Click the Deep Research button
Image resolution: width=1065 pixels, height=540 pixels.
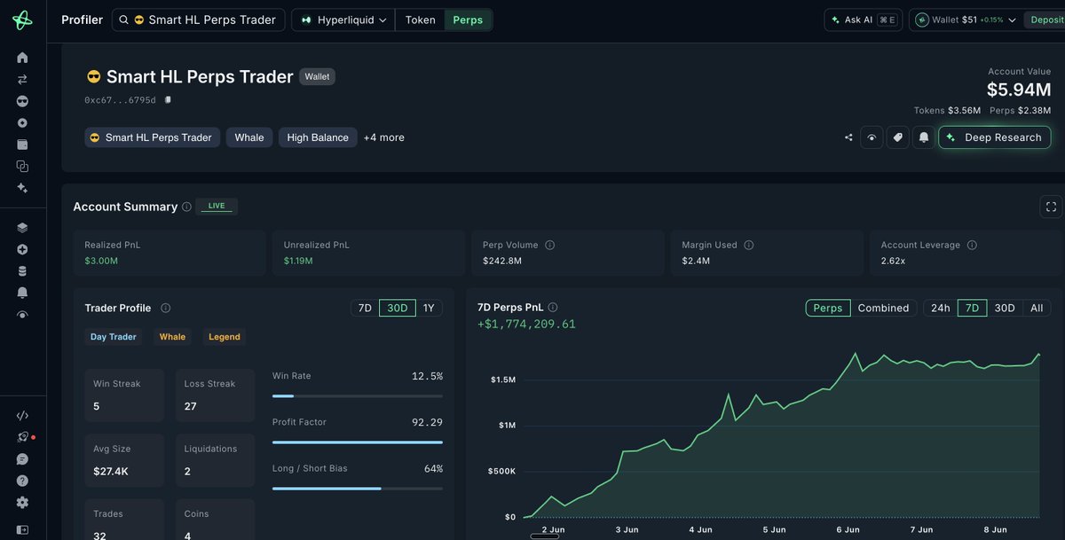[995, 137]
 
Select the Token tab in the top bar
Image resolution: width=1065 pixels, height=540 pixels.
[420, 20]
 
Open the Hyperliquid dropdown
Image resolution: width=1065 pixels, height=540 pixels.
[343, 20]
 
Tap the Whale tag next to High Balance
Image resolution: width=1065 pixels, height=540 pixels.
[249, 137]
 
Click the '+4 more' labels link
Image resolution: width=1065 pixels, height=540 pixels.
[383, 137]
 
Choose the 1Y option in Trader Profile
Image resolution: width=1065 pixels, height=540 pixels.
[429, 308]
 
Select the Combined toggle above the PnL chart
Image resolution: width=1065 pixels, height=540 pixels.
[883, 308]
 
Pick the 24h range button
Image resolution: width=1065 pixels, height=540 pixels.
[940, 308]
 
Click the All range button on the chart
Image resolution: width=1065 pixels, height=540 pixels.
[1037, 308]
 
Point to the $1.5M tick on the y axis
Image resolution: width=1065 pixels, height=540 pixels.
[503, 380]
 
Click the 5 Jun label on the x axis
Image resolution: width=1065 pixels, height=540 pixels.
[774, 529]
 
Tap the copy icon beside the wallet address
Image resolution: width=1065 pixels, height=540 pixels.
[168, 99]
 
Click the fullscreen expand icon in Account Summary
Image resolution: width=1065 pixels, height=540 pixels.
[1051, 207]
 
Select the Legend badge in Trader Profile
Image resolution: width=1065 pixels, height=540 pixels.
[225, 337]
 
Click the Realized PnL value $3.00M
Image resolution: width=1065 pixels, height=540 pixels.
[101, 261]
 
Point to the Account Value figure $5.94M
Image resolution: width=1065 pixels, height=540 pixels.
[1019, 90]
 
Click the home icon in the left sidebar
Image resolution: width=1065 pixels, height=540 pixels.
[22, 58]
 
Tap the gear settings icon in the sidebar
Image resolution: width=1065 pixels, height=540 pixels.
[22, 503]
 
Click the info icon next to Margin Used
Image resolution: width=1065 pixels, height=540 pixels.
[748, 245]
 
